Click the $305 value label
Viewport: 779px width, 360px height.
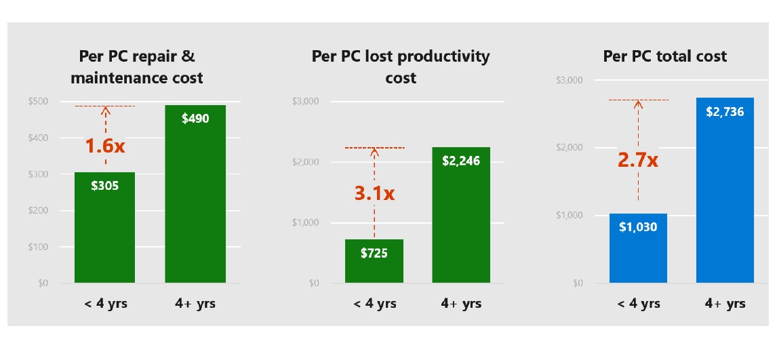(104, 184)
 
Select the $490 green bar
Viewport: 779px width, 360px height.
(195, 203)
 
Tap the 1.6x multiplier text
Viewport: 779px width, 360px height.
(104, 146)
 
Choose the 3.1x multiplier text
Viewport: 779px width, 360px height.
(374, 193)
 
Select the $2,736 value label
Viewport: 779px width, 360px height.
(725, 112)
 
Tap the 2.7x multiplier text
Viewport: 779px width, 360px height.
(638, 161)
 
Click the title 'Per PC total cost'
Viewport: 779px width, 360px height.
(664, 56)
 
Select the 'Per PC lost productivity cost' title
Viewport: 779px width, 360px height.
(400, 66)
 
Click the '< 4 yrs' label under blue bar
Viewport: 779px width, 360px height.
(637, 303)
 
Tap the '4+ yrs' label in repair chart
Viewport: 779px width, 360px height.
(195, 303)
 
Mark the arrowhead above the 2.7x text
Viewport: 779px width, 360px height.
(638, 104)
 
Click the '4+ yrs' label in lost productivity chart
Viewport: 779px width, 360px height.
(461, 303)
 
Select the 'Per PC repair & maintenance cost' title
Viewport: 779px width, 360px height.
(137, 66)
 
